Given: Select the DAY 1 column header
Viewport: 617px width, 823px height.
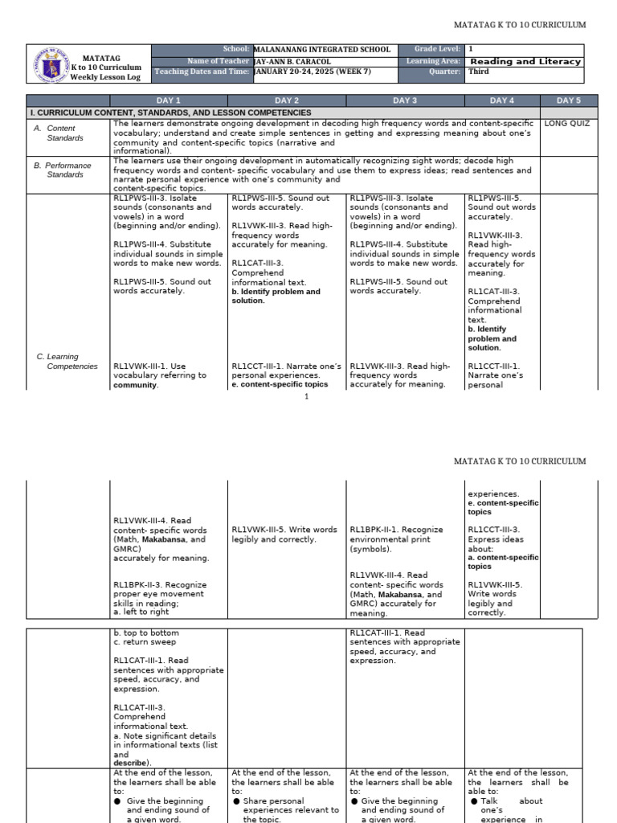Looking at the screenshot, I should pos(169,100).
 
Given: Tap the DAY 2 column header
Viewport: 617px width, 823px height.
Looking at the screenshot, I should pos(287,100).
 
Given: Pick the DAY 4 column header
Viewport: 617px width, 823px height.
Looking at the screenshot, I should pos(501,100).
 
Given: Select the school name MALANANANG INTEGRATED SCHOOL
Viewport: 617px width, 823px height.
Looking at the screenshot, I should pos(321,50).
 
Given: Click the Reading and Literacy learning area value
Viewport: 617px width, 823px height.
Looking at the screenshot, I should pos(525,61).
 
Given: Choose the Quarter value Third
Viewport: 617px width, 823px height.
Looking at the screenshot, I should pos(479,72).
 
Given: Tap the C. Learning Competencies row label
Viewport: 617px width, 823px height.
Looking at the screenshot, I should pos(67,361).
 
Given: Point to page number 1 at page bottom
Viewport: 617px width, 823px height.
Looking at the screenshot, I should pos(307,397).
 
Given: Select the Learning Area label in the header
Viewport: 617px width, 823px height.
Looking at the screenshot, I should pos(434,61).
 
